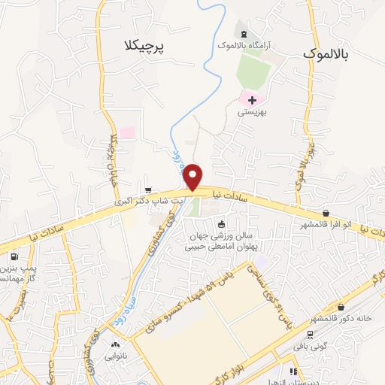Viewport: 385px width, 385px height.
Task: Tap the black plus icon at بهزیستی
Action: [x=252, y=99]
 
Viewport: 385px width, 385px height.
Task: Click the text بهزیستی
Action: [x=253, y=112]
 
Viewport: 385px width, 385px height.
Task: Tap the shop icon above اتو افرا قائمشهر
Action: [x=325, y=214]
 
